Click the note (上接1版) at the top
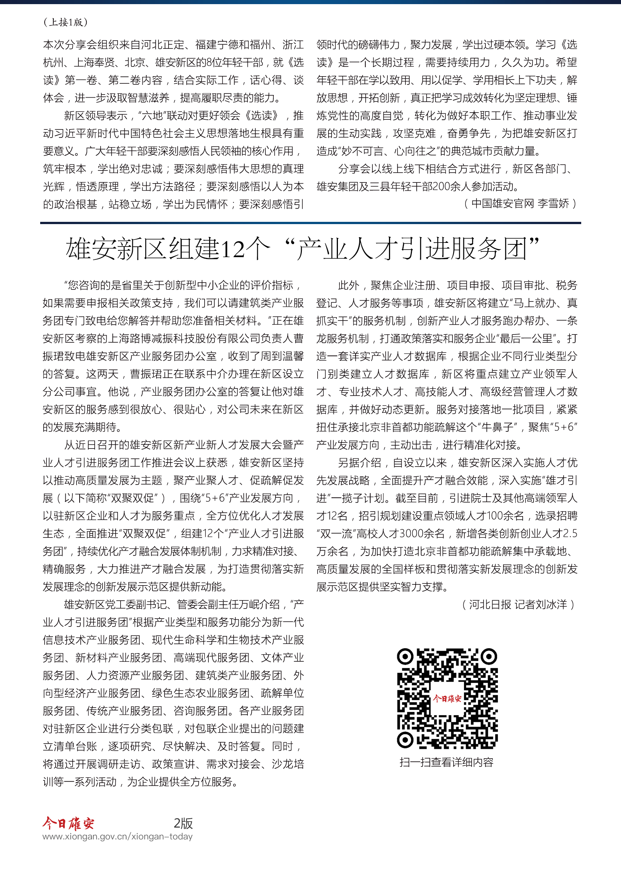point(65,22)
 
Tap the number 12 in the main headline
point(232,249)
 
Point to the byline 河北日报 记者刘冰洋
point(518,605)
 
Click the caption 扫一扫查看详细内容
point(446,762)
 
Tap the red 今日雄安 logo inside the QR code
point(447,699)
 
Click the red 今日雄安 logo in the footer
point(68,823)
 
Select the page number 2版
point(183,823)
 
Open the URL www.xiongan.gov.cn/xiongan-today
point(118,837)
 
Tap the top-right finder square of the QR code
point(489,657)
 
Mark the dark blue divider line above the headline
point(310,223)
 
